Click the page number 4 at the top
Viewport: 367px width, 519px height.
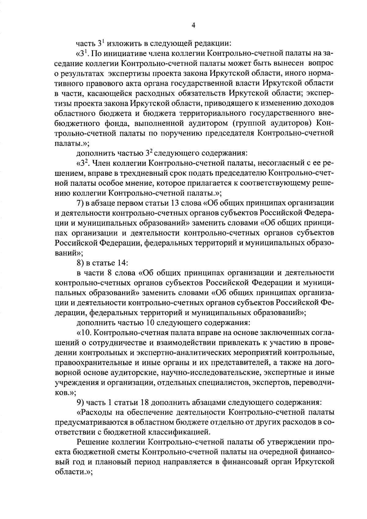coord(193,26)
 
